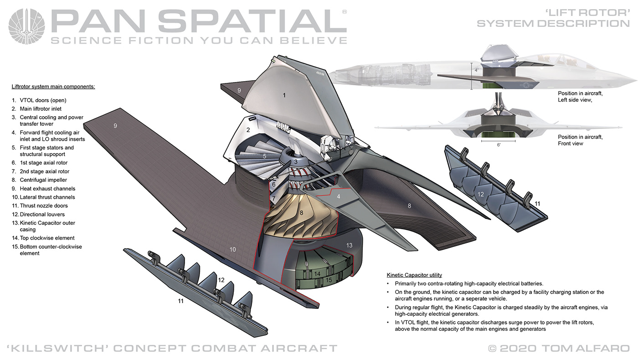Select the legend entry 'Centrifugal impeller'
click(x=43, y=180)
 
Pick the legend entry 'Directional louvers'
click(x=42, y=214)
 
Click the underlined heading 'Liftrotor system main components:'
click(x=53, y=86)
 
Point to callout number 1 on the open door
click(x=284, y=95)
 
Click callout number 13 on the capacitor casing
click(x=349, y=245)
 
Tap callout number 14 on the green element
click(x=317, y=273)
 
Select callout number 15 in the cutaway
click(x=328, y=280)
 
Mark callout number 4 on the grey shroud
click(x=339, y=196)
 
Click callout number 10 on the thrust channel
click(x=232, y=249)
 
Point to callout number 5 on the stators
click(x=264, y=156)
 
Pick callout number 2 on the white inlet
click(x=248, y=130)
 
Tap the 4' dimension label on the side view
click(x=476, y=70)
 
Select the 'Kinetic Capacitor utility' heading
click(x=414, y=275)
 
